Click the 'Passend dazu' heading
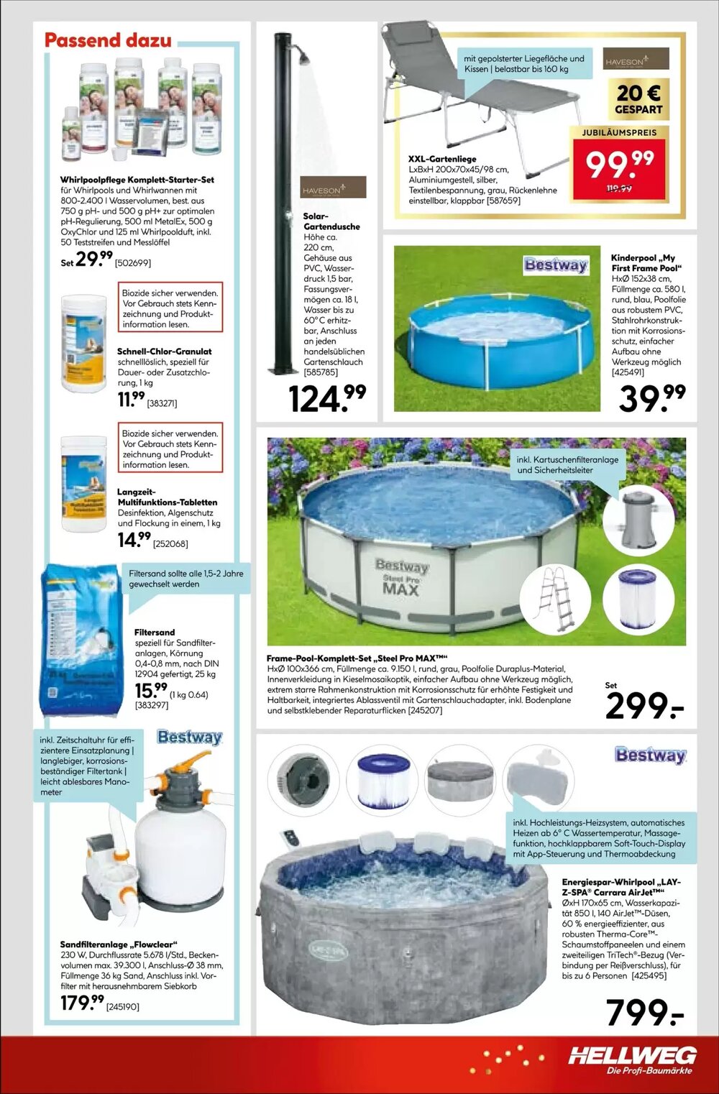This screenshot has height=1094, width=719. (x=108, y=40)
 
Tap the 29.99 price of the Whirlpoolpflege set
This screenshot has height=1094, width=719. (x=94, y=259)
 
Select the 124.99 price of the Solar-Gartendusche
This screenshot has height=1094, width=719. (x=327, y=398)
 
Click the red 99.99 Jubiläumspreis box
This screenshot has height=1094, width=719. (x=619, y=167)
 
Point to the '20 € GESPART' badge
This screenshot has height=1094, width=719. (x=638, y=99)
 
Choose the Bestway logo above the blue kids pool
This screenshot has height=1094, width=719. (x=556, y=265)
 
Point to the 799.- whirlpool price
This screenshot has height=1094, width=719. (x=644, y=1013)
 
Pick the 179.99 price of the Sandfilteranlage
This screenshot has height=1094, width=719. (x=82, y=1003)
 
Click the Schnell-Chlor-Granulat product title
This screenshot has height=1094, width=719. (x=164, y=351)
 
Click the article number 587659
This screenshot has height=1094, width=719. (x=503, y=201)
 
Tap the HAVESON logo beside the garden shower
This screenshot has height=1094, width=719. (x=333, y=188)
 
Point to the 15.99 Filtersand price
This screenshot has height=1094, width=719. (x=150, y=691)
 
